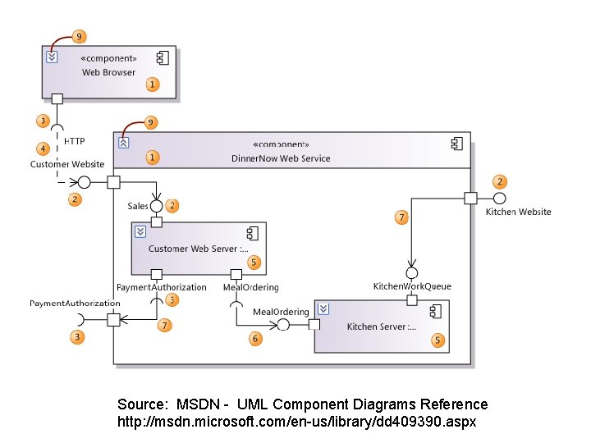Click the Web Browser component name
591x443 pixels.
point(108,72)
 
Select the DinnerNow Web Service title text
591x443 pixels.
point(281,158)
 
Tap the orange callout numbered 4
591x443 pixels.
point(43,148)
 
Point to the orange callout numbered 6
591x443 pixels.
point(255,338)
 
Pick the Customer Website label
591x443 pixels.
point(67,164)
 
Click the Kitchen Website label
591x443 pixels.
point(519,212)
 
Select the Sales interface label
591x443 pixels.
point(137,206)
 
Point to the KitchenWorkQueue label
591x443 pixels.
point(412,286)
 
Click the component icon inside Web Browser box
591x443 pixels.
point(163,57)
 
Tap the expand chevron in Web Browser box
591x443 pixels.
point(52,57)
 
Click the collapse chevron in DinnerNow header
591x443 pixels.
point(123,143)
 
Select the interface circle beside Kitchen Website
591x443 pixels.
point(498,198)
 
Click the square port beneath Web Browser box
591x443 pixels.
point(57,99)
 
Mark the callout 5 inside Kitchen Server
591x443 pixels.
point(438,340)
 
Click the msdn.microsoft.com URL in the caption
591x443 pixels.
point(296,422)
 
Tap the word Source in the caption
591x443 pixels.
point(142,404)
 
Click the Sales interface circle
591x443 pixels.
point(155,205)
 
